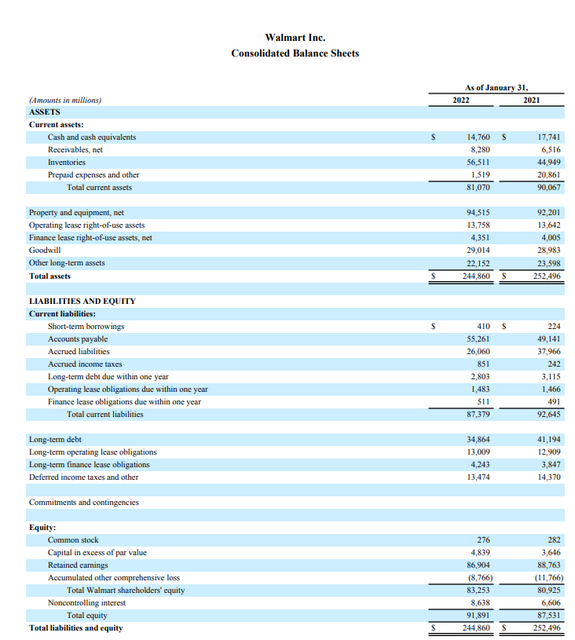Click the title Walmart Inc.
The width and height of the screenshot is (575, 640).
coord(295,37)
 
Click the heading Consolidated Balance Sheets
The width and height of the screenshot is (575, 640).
coord(295,53)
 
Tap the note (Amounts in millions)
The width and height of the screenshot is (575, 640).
coord(65,100)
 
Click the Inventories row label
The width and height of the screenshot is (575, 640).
coord(67,162)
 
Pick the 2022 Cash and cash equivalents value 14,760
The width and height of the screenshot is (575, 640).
coord(478,137)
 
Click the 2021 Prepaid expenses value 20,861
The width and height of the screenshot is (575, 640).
coord(548,174)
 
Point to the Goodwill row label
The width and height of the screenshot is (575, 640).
coord(45,250)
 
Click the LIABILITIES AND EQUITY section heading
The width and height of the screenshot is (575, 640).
coord(82,301)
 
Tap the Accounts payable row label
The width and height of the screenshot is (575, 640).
coord(78,338)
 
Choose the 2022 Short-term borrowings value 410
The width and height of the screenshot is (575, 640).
coord(484,326)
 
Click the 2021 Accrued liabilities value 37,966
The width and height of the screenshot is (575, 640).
coord(548,351)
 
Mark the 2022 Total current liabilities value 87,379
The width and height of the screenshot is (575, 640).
coord(478,414)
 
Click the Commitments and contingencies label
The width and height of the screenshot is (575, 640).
coord(84,502)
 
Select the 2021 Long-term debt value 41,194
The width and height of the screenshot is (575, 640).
coord(548,439)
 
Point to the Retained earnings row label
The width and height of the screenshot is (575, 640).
coord(78,565)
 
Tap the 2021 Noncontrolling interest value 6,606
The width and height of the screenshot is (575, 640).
coord(551,602)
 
